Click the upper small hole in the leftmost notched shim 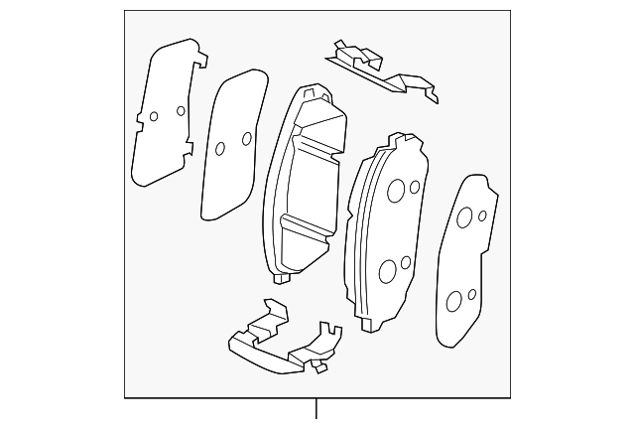click(180, 109)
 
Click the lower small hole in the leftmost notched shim click(154, 116)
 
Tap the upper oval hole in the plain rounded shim click(246, 138)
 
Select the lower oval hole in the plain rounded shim click(220, 150)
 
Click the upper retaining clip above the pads click(382, 68)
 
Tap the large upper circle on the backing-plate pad click(395, 192)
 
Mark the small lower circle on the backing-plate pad click(406, 263)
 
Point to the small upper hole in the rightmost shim click(482, 214)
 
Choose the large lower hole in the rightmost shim click(453, 302)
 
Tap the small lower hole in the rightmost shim click(472, 294)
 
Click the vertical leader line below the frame click(317, 410)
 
